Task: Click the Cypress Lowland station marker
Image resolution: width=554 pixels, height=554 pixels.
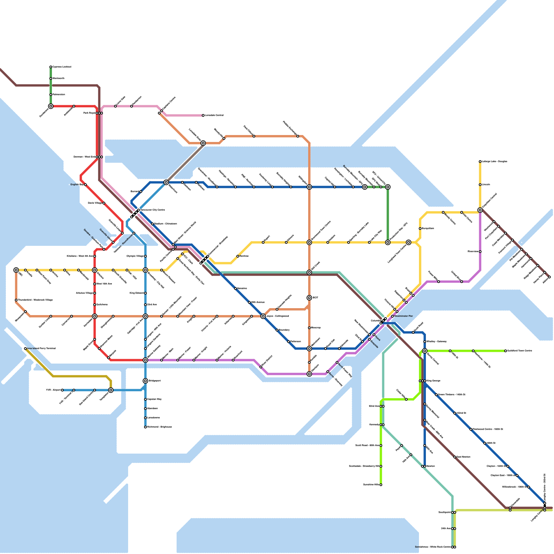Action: pyautogui.click(x=51, y=67)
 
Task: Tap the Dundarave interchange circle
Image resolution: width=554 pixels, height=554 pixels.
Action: pyautogui.click(x=51, y=106)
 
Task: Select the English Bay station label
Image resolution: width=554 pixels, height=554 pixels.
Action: pyautogui.click(x=77, y=185)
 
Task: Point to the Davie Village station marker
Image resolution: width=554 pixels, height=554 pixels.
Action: pyautogui.click(x=104, y=203)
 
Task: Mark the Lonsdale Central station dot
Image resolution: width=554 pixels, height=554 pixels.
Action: pyautogui.click(x=203, y=115)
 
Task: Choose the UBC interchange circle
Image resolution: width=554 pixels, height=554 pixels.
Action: pyautogui.click(x=16, y=270)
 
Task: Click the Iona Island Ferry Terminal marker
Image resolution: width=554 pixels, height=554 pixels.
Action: pyautogui.click(x=25, y=349)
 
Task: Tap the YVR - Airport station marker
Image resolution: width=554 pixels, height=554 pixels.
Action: pyautogui.click(x=62, y=390)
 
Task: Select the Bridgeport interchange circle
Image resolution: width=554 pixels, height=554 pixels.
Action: pyautogui.click(x=145, y=381)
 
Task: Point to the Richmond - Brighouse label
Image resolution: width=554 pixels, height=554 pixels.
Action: pyautogui.click(x=159, y=427)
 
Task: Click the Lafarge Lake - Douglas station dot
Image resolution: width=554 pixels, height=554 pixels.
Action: pyautogui.click(x=480, y=162)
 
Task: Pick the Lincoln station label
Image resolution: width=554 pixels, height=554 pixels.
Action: pyautogui.click(x=486, y=185)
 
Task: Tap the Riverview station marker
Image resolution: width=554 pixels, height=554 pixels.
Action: pyautogui.click(x=480, y=252)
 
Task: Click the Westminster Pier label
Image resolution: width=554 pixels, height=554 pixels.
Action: pyautogui.click(x=403, y=316)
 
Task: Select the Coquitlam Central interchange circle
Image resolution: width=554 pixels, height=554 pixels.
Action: pyautogui.click(x=480, y=210)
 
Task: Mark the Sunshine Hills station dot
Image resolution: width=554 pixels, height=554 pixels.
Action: pyautogui.click(x=381, y=485)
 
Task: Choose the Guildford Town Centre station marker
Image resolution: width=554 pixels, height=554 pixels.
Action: pyautogui.click(x=506, y=351)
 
